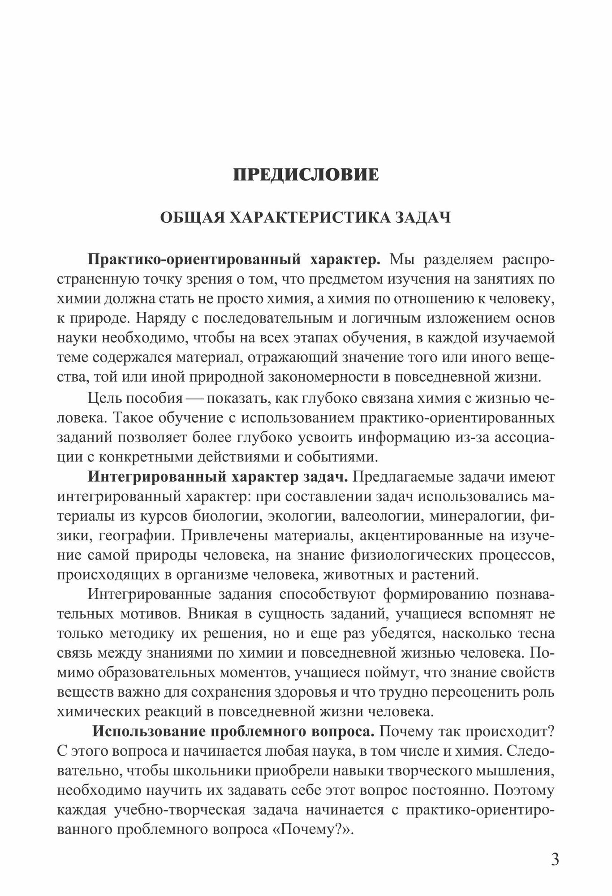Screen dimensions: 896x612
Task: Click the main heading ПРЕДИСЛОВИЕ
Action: pyautogui.click(x=306, y=175)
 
